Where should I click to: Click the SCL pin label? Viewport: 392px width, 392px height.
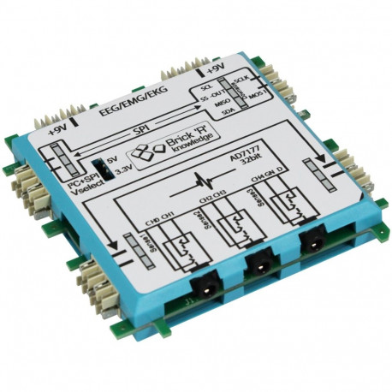pyautogui.click(x=205, y=88)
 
